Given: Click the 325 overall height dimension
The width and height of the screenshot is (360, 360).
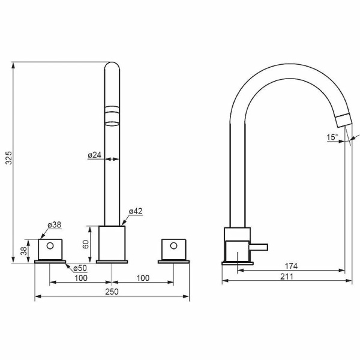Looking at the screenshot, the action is [8, 158].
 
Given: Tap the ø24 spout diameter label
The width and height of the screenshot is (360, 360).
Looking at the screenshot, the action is [94, 155].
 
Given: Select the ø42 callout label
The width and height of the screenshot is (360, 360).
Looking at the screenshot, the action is [136, 211].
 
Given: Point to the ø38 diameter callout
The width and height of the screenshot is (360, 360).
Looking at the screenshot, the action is [55, 225].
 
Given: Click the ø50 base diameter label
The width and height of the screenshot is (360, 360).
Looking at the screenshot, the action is [80, 268].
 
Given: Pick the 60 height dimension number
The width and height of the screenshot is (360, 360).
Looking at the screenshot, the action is [86, 244].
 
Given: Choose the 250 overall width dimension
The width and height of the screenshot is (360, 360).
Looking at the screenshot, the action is [112, 292].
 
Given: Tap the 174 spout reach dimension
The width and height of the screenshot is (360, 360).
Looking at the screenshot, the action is [291, 266].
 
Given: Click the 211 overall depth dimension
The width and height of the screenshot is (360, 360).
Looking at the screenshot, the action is [287, 277].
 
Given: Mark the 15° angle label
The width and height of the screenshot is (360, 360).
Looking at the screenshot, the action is [332, 137].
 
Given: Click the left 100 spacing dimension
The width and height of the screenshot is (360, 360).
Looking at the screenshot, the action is [81, 278].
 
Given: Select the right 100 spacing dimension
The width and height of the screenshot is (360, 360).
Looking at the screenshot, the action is [143, 278].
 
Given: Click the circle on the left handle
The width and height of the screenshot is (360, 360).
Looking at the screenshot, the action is [50, 246].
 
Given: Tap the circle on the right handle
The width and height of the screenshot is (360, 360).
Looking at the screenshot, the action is [173, 246].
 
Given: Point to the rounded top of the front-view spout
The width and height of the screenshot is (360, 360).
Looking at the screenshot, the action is [112, 66].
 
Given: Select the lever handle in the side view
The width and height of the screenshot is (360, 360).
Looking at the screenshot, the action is [259, 247].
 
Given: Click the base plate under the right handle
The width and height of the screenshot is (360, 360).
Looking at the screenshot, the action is [173, 262].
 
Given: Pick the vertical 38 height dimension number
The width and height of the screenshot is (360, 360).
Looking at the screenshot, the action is [23, 251].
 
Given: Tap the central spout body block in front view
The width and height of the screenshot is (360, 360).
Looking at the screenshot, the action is [112, 243].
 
